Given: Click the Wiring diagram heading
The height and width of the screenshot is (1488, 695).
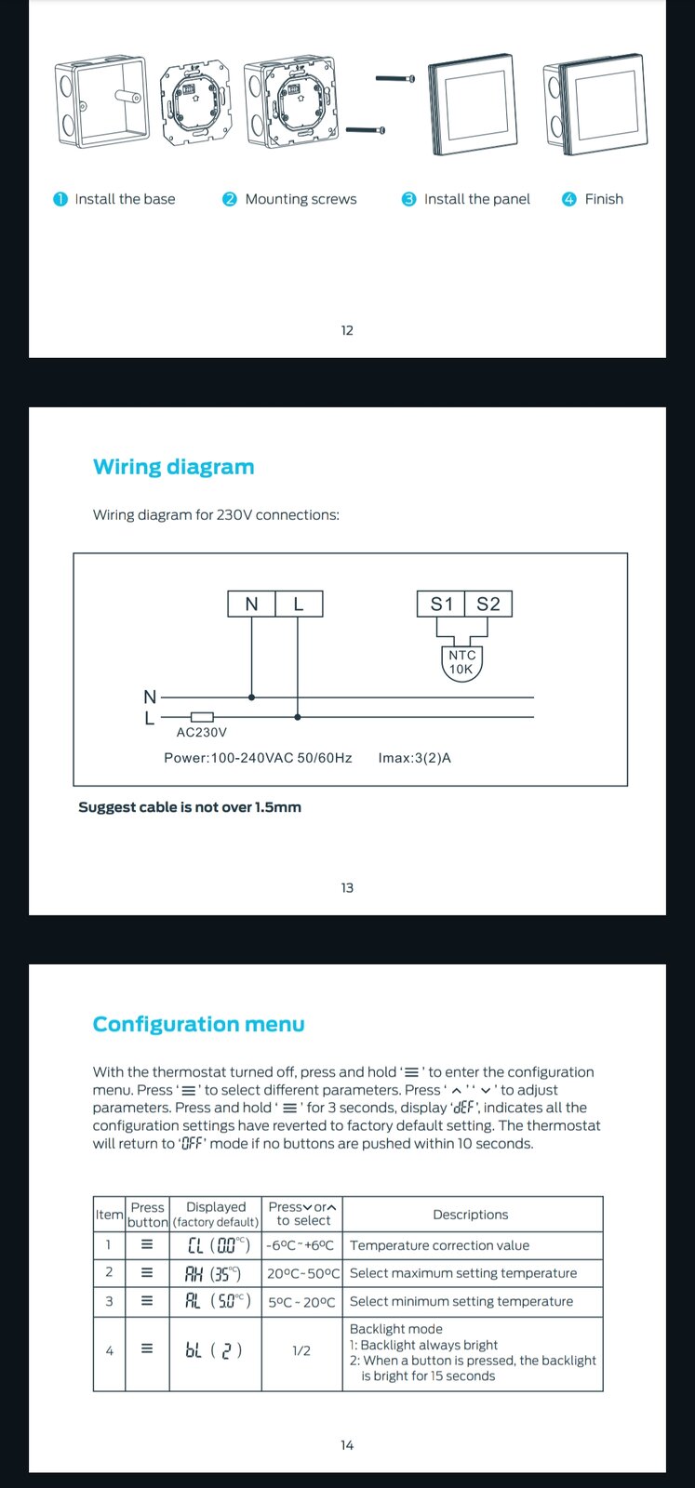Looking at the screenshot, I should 173,467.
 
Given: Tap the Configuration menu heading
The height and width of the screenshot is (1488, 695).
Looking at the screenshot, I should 198,1024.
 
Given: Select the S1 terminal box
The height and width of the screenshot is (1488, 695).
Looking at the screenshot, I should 441,604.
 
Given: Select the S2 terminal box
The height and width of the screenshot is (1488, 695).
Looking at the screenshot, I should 488,604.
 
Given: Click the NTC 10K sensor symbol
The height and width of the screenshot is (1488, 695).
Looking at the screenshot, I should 461,662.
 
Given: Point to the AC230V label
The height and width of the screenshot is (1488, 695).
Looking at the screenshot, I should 202,732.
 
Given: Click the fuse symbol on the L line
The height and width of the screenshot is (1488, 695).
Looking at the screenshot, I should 202,717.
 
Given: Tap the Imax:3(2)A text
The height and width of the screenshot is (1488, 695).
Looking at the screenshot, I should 414,758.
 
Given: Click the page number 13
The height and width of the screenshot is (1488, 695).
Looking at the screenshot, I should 347,888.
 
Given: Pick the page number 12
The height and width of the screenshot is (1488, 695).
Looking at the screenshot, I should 347,330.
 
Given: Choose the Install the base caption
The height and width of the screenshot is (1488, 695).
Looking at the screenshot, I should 125,199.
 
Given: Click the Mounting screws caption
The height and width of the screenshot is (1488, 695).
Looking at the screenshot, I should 301,199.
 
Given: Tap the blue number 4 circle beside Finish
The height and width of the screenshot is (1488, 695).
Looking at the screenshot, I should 569,199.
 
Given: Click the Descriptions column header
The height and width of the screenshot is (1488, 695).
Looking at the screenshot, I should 471,1215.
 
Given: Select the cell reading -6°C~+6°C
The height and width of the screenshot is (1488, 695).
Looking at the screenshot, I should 301,1245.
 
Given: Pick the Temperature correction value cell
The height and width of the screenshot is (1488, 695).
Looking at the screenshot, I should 439,1245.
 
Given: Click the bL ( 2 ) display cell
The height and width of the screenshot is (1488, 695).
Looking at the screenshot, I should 214,1350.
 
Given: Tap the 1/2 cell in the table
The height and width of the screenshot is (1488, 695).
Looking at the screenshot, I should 301,1350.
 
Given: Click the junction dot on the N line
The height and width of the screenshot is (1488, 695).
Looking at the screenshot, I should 251,697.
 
